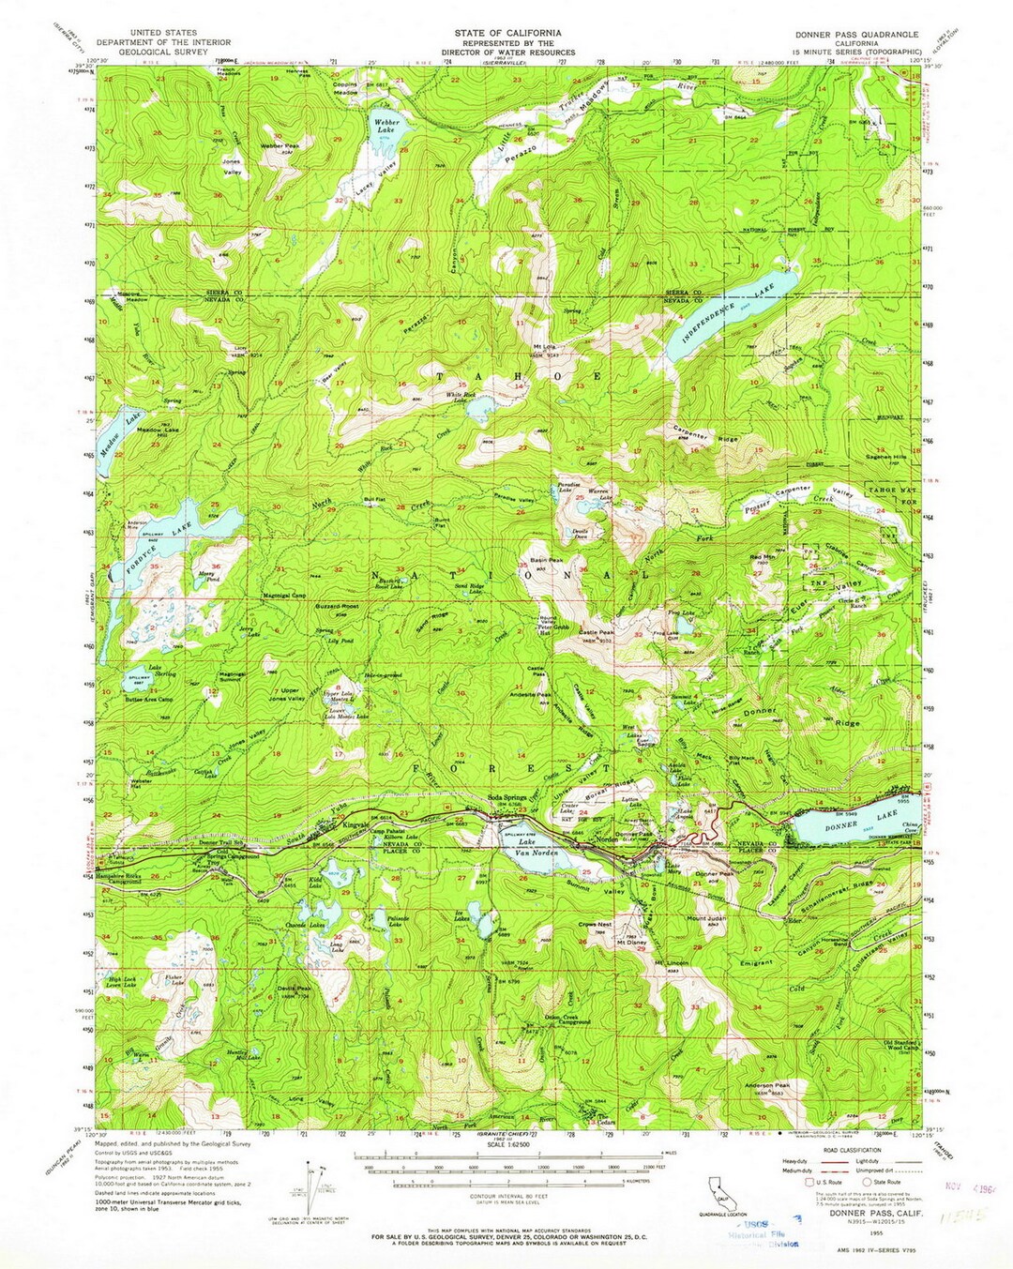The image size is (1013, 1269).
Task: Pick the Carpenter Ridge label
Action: click(705, 433)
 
